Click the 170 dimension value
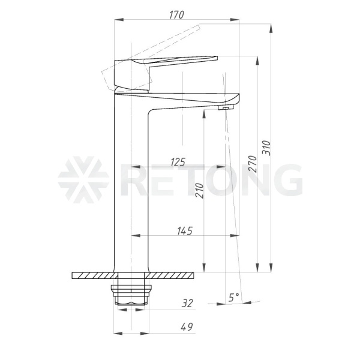(x=176, y=15)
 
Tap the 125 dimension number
(x=178, y=162)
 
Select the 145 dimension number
(x=185, y=231)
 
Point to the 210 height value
(x=199, y=190)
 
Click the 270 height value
(x=253, y=164)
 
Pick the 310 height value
(x=266, y=148)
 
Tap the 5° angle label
(x=234, y=298)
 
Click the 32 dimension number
(x=187, y=303)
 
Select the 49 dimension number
(x=187, y=327)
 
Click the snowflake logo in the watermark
(x=83, y=180)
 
